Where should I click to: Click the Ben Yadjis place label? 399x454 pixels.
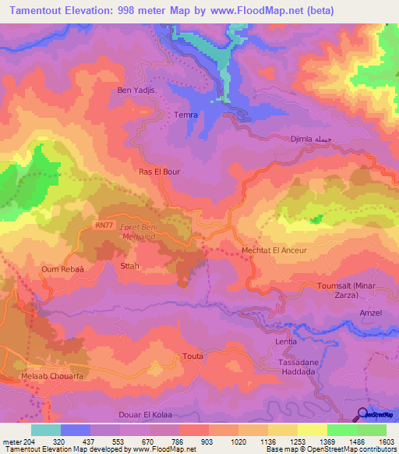136,90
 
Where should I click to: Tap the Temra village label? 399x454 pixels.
185,115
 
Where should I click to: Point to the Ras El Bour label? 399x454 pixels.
159,172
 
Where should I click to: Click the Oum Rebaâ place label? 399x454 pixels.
59,269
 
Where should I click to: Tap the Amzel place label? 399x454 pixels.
370,312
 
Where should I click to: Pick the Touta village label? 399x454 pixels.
192,356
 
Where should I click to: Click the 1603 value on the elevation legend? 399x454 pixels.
385,441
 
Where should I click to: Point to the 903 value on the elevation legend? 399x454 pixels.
207,441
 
